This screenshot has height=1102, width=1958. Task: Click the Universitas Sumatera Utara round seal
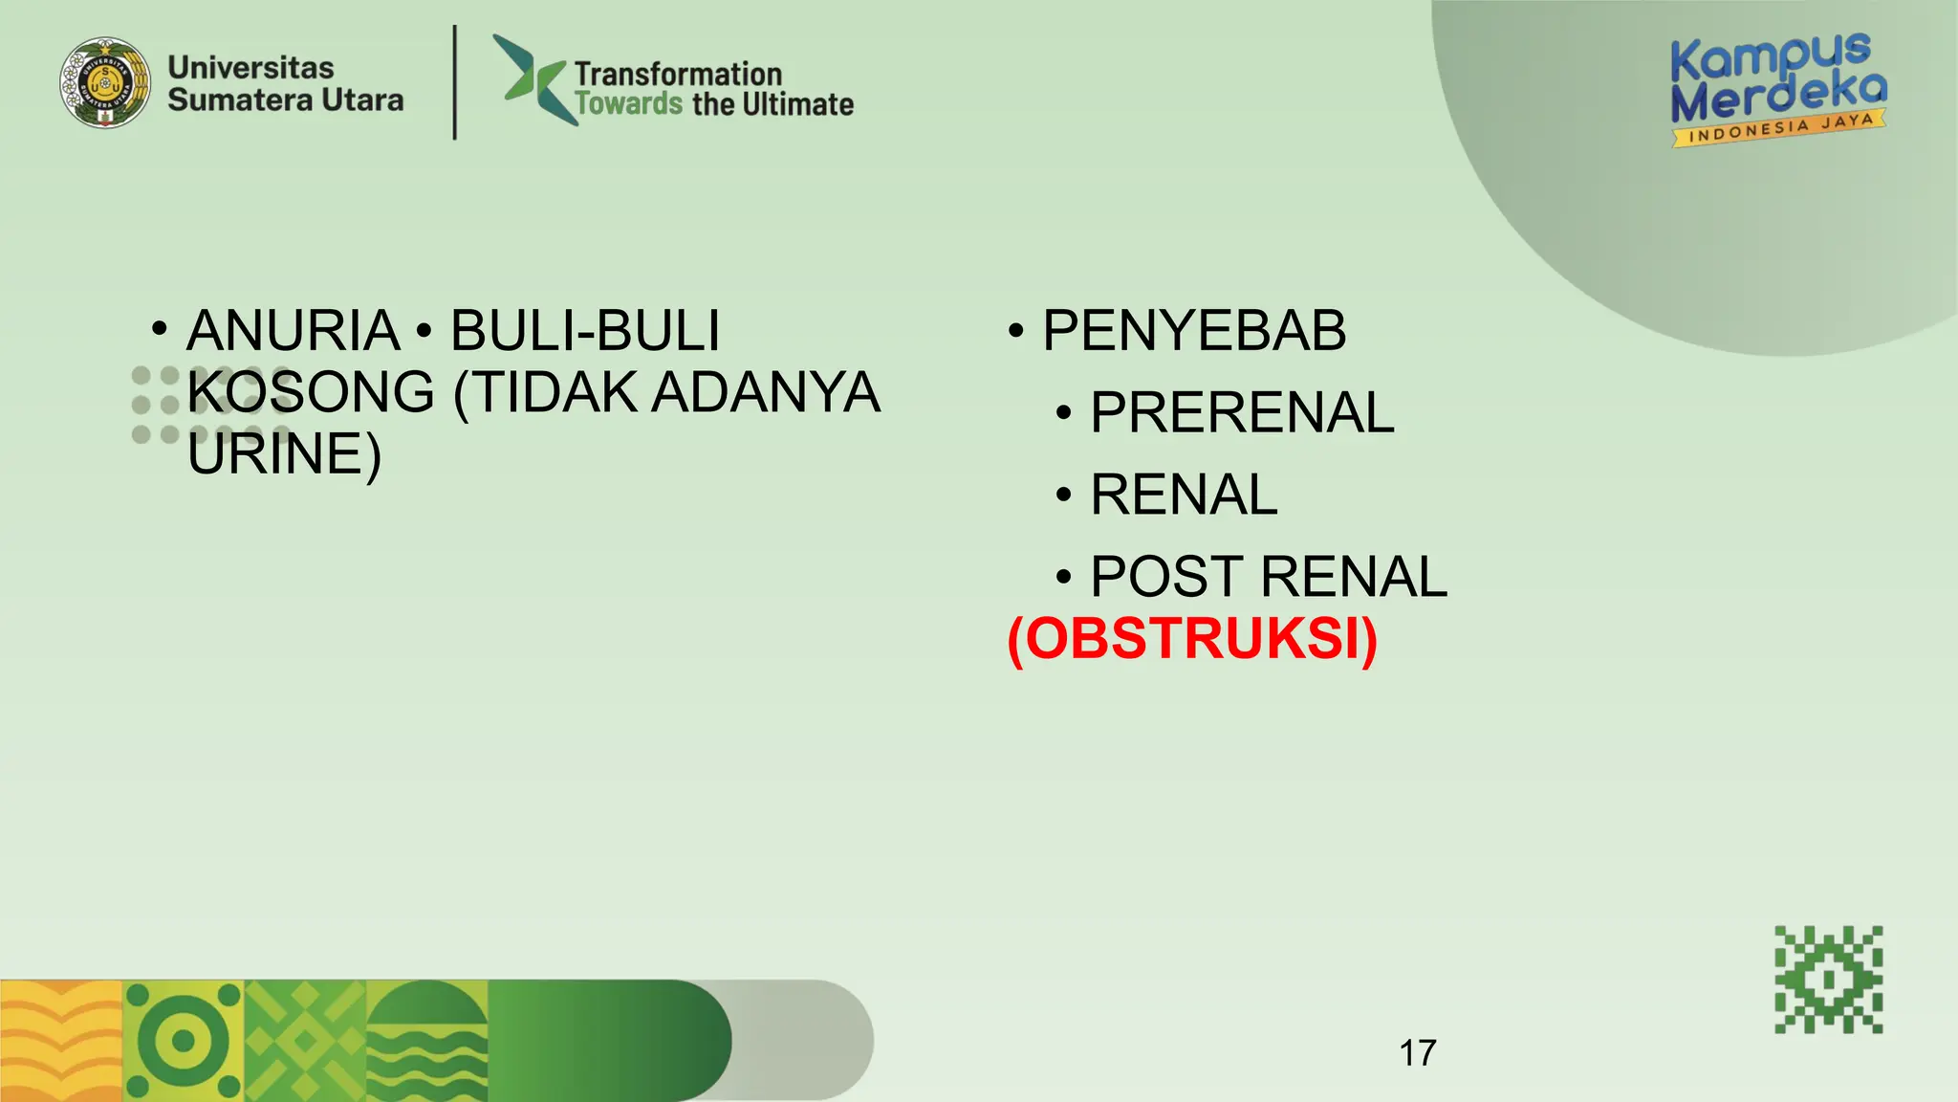[105, 83]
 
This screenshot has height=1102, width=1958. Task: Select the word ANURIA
[293, 331]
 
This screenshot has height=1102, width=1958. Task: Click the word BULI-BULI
[584, 331]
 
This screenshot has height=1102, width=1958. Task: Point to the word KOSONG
[311, 392]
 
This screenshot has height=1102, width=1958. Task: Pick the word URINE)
[284, 453]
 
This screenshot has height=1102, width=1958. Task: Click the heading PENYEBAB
[1194, 331]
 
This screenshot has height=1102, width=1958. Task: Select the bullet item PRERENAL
[1242, 413]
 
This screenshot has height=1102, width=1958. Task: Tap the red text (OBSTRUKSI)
[1192, 639]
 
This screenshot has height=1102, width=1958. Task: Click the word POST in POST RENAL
[1166, 577]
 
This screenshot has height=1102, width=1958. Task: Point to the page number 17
[1417, 1053]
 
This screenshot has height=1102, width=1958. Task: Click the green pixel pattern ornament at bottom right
[1828, 980]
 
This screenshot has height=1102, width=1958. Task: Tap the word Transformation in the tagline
[678, 74]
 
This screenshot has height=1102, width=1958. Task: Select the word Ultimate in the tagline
[797, 103]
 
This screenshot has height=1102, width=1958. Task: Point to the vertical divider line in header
[454, 83]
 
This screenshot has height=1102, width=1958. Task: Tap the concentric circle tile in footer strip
[184, 1041]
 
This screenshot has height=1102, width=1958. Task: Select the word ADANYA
[765, 392]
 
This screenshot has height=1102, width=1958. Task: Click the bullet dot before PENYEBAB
[1015, 332]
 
